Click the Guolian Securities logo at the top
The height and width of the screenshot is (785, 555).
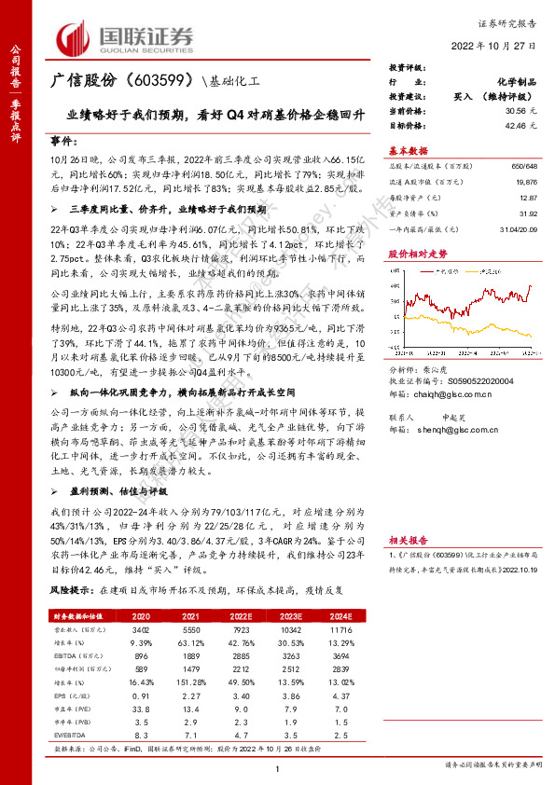click(x=126, y=36)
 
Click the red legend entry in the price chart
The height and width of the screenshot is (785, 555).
click(x=445, y=266)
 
